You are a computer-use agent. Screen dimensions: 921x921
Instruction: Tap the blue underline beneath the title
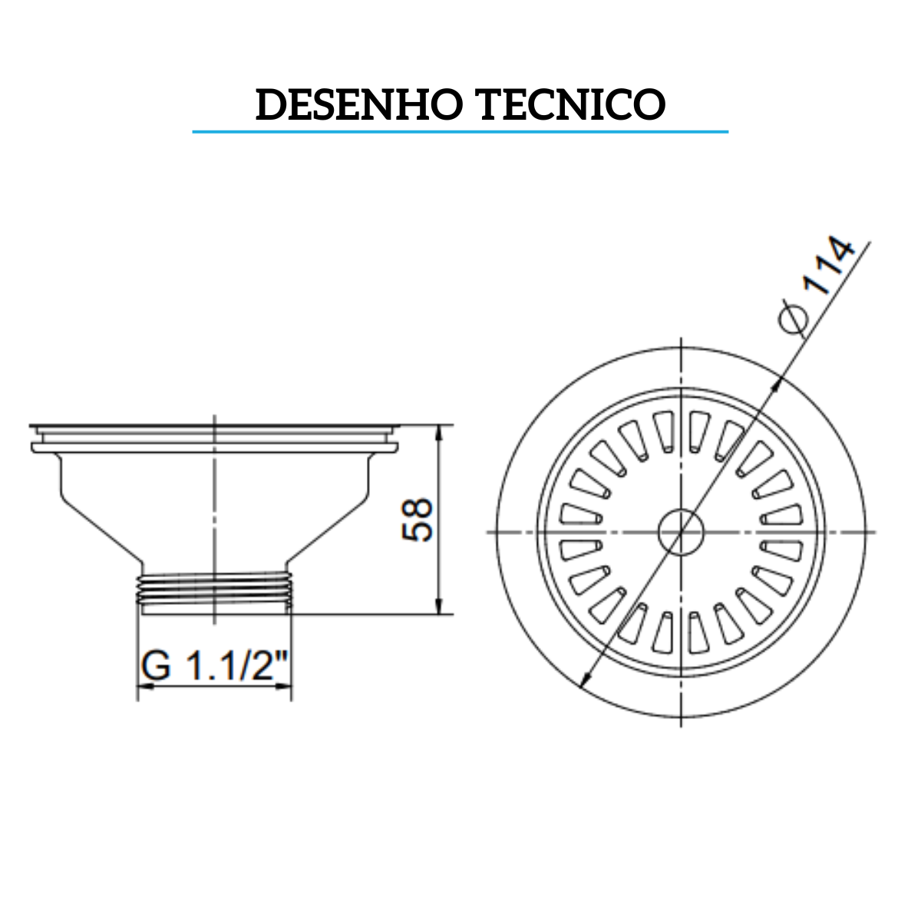click(460, 132)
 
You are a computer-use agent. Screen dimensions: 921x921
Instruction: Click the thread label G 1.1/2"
click(215, 666)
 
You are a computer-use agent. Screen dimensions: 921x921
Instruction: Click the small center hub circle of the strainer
click(681, 531)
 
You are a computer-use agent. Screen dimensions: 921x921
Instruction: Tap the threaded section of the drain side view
click(214, 592)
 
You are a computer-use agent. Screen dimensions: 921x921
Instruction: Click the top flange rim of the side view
click(214, 427)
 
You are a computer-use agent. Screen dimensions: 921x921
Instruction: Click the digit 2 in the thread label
click(266, 666)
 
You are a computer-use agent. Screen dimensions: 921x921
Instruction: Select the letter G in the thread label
click(156, 666)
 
